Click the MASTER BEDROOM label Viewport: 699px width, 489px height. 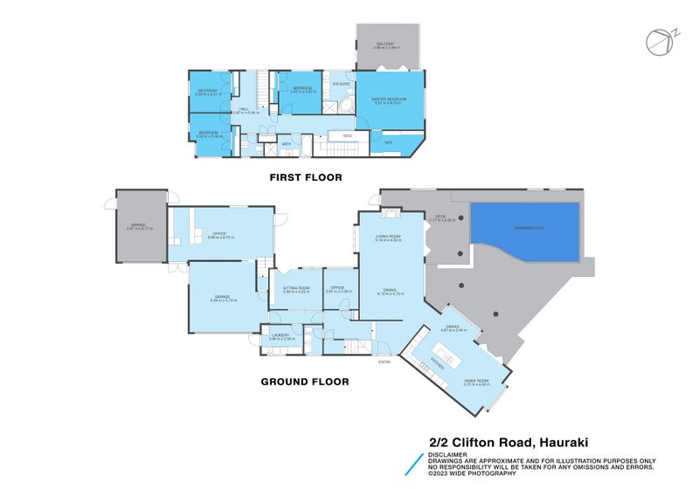point(387,100)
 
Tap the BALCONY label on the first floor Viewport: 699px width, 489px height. point(386,44)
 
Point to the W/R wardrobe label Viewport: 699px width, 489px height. point(388,142)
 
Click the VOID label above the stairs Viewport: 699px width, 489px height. point(347,135)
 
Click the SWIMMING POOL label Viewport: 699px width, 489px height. point(523,227)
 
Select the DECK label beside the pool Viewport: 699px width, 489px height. point(440,217)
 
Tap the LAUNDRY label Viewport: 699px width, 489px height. point(280,334)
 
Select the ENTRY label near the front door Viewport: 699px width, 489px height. point(384,362)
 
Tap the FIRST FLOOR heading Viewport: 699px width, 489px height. point(305,177)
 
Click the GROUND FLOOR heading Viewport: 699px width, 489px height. point(305,382)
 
